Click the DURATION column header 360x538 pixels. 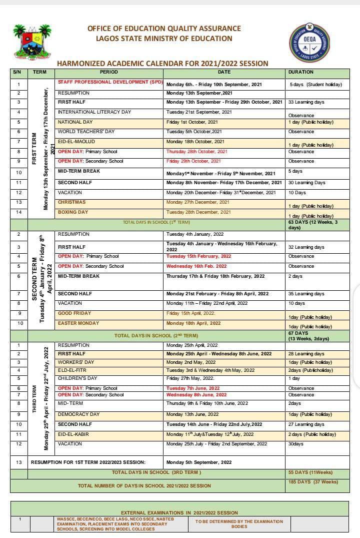(x=301, y=72)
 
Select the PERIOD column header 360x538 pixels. (x=108, y=72)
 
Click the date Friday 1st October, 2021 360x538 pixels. (x=192, y=122)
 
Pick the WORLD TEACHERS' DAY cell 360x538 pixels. (x=86, y=132)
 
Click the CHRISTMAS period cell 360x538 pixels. (x=71, y=202)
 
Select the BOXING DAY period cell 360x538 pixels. (x=73, y=212)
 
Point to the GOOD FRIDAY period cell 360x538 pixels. (x=74, y=313)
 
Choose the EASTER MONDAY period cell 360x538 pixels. (x=78, y=323)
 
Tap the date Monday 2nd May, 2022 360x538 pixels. (x=191, y=362)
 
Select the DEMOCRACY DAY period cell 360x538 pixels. (x=79, y=414)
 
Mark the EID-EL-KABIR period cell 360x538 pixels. (x=73, y=434)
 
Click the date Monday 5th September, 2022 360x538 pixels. (x=198, y=462)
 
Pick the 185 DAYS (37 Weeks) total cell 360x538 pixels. (x=313, y=482)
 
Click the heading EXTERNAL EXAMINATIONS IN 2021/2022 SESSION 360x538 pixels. (x=179, y=512)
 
